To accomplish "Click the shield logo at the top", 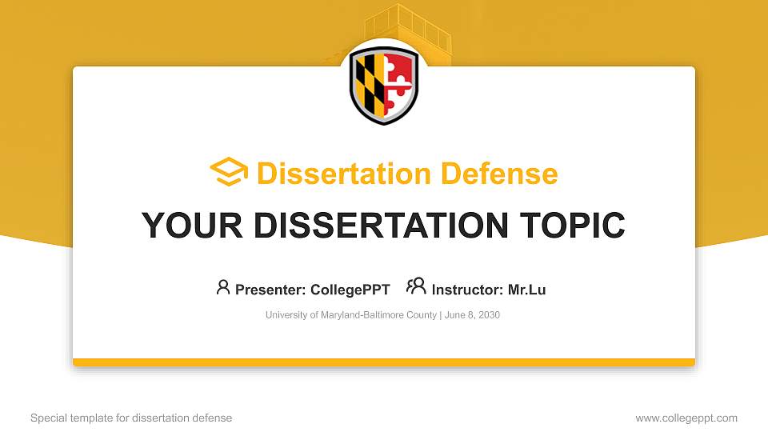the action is point(384,85).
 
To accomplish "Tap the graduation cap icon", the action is point(229,171).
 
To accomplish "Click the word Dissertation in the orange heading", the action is point(344,174).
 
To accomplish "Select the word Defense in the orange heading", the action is point(499,174).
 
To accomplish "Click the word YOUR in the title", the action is point(192,226).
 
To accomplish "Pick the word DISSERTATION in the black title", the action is point(381,226).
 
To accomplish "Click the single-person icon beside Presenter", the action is point(223,287).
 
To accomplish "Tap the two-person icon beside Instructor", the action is point(416,286).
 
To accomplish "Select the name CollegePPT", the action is point(350,290).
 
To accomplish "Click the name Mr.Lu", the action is point(526,290).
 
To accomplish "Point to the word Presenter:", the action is point(270,290).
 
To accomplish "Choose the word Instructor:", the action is point(467,290).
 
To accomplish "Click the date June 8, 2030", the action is point(472,315).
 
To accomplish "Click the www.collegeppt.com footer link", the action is point(686,418).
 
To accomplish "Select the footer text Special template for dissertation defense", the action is point(131,418).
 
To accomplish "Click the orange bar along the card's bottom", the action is point(384,362).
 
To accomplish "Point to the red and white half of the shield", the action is point(399,86).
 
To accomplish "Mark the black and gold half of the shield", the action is point(369,86).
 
